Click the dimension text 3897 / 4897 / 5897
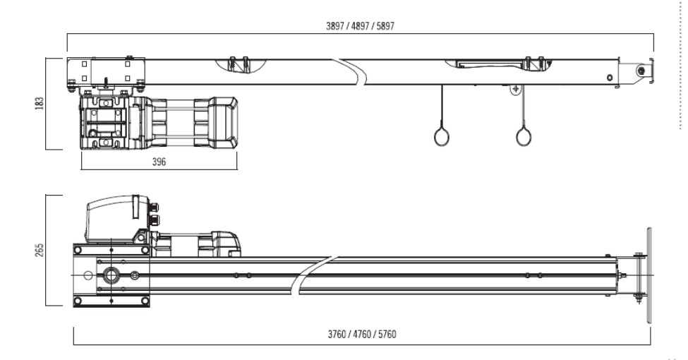[361, 26]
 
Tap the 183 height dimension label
[40, 103]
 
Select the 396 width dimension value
[159, 162]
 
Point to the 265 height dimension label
[40, 250]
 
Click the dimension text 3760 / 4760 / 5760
[362, 334]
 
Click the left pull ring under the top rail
[442, 136]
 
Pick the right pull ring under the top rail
[524, 136]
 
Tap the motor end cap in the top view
[224, 123]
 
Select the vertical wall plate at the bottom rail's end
[649, 275]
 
